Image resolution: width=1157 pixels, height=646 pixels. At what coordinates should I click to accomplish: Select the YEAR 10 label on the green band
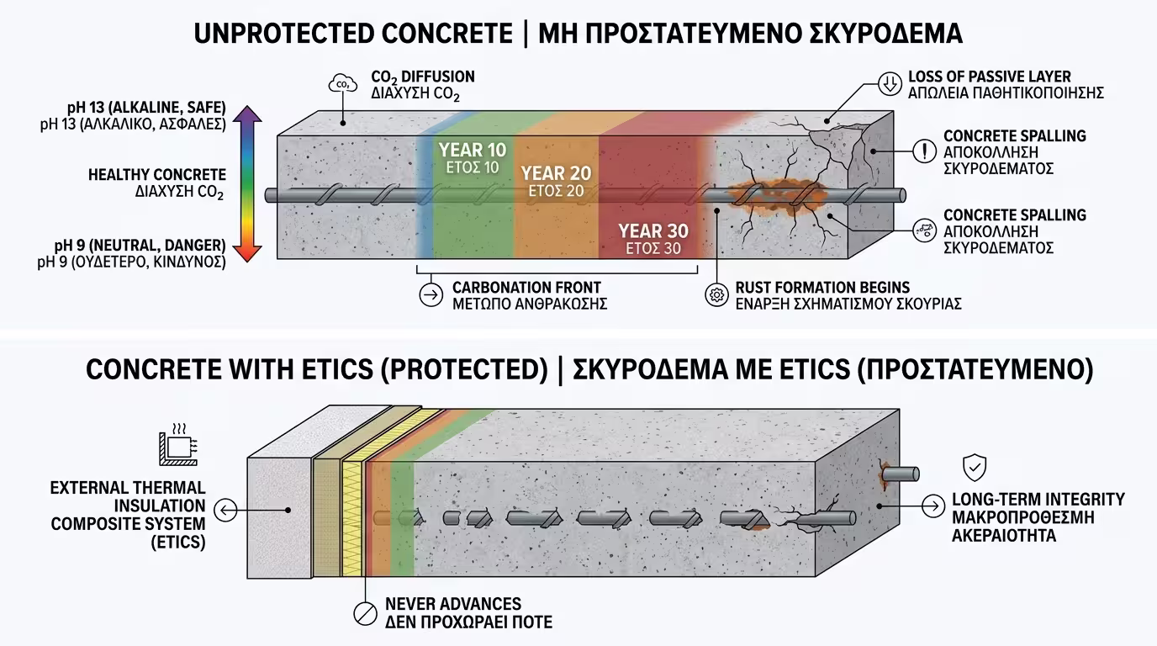473,151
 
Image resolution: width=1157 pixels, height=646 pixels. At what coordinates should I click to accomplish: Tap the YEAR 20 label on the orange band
556,173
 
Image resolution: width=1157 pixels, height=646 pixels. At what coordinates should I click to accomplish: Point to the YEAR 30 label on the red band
652,230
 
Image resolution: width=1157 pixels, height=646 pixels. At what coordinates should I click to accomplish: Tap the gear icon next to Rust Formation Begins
716,295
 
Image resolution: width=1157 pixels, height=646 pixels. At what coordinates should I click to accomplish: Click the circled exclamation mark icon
923,151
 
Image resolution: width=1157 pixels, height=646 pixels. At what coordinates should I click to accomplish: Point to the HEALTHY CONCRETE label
157,175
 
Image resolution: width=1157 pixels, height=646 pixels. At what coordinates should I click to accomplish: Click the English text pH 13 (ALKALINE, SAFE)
146,108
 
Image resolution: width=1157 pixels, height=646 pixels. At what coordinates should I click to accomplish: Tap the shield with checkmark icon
975,466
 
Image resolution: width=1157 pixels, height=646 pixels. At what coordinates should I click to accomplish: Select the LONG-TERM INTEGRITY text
1038,499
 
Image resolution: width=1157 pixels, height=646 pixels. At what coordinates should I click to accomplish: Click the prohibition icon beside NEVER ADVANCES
363,612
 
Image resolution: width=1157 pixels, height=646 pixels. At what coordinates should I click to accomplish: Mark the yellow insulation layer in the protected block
351,496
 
